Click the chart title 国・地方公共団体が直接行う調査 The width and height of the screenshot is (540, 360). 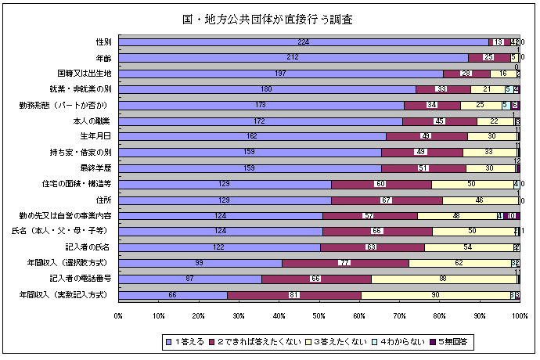272,18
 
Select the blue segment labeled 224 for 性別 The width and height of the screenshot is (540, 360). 303,41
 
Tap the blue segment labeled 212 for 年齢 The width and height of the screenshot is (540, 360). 293,57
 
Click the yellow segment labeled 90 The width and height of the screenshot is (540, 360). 435,295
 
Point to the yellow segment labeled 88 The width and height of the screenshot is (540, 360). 444,279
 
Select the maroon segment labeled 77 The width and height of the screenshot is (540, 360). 345,263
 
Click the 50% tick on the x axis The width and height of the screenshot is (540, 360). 319,316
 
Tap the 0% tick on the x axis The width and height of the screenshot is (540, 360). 118,316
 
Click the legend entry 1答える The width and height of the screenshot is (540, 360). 185,341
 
